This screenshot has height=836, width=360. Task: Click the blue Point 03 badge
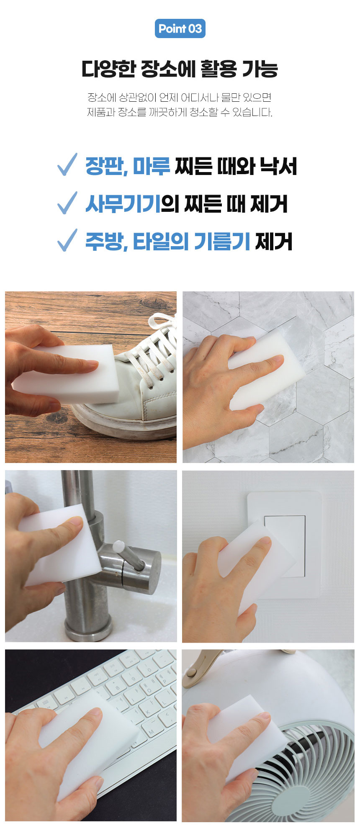click(x=180, y=28)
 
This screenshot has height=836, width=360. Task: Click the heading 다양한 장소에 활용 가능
click(x=180, y=69)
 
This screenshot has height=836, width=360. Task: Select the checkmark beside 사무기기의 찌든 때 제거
click(x=67, y=203)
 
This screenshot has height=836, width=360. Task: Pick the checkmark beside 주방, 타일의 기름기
click(x=67, y=240)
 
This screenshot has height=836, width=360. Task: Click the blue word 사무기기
click(x=123, y=204)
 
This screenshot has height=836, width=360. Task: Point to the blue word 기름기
click(x=222, y=242)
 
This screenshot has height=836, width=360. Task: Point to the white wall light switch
click(x=285, y=544)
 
